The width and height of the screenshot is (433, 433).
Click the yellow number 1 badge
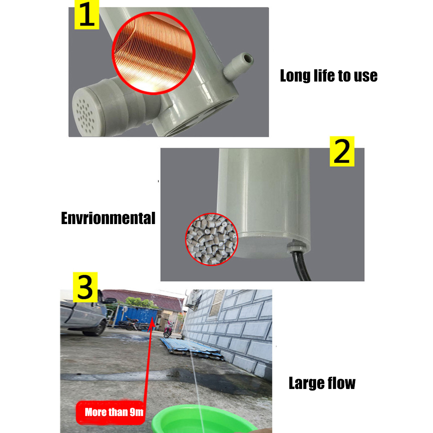[87, 14]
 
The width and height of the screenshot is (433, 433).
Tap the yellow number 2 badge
[342, 151]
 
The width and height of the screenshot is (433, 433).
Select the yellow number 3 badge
[85, 287]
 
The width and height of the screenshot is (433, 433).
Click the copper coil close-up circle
[153, 53]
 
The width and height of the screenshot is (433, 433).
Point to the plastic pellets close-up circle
[211, 239]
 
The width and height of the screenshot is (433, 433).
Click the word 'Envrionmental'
[108, 218]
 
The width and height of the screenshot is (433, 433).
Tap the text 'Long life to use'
[328, 76]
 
